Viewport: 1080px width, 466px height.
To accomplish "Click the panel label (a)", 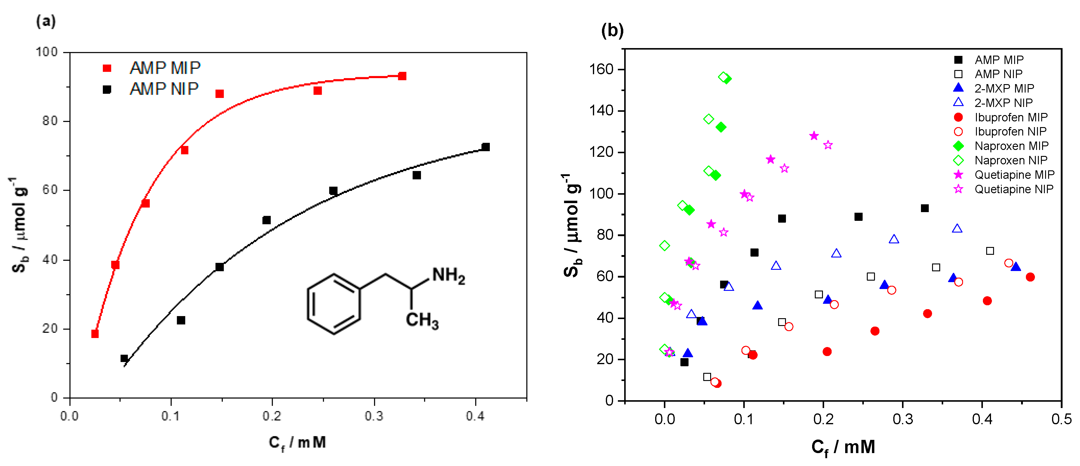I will tap(46, 21).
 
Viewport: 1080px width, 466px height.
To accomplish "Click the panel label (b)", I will tap(612, 31).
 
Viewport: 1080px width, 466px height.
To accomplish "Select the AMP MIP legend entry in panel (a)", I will tap(165, 68).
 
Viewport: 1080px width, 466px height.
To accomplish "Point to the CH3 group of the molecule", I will tap(422, 321).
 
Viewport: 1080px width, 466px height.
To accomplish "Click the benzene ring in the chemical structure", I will tap(334, 304).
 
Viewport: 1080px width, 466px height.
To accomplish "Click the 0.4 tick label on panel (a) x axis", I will tap(475, 416).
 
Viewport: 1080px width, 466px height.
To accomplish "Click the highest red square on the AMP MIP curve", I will tap(402, 76).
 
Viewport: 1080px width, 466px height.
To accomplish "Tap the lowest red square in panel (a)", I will tap(95, 334).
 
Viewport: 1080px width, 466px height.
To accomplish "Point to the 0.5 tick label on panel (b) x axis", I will tap(1061, 419).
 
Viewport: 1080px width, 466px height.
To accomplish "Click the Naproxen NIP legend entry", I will tap(1011, 160).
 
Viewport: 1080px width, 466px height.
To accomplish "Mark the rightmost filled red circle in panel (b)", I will tap(1030, 277).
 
